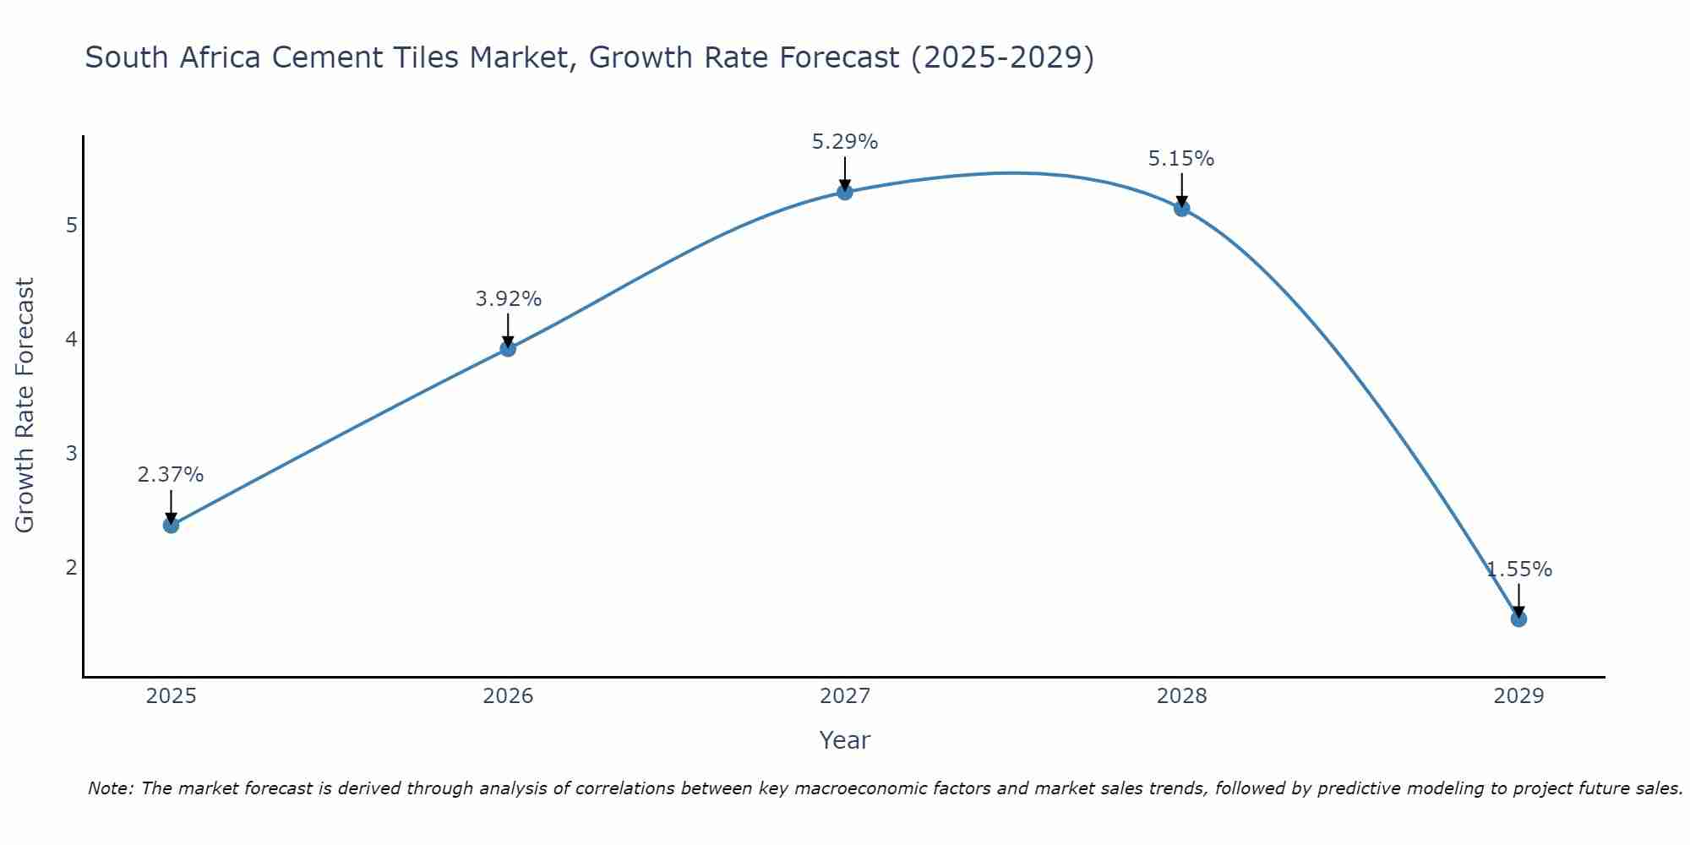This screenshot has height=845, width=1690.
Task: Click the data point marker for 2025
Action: (x=171, y=525)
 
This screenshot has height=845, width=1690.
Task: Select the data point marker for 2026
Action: (x=508, y=348)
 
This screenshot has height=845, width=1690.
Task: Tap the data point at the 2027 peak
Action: (x=845, y=192)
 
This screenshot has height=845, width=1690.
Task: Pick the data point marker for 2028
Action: (x=1181, y=208)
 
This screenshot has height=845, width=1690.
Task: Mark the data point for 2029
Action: (x=1518, y=619)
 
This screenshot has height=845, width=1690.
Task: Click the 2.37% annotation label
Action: (x=171, y=475)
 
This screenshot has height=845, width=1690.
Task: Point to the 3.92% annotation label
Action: (x=508, y=299)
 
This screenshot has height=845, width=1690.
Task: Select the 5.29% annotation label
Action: (x=845, y=142)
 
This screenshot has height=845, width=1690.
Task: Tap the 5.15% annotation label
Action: (x=1181, y=159)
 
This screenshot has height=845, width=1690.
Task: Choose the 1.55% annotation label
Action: (x=1518, y=570)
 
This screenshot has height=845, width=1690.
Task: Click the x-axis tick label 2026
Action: (x=508, y=696)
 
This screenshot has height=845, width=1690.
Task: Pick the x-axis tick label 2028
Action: (x=1181, y=696)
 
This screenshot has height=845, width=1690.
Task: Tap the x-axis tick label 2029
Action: (x=1518, y=696)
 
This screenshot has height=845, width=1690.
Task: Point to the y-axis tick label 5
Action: (x=72, y=225)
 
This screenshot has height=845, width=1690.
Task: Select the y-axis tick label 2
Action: (x=72, y=567)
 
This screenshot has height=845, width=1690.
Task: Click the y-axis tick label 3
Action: (x=72, y=453)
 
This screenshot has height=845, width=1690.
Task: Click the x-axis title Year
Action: (x=844, y=740)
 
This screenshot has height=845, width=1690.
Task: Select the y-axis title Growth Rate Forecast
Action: (x=25, y=405)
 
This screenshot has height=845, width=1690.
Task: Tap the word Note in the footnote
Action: (x=109, y=788)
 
